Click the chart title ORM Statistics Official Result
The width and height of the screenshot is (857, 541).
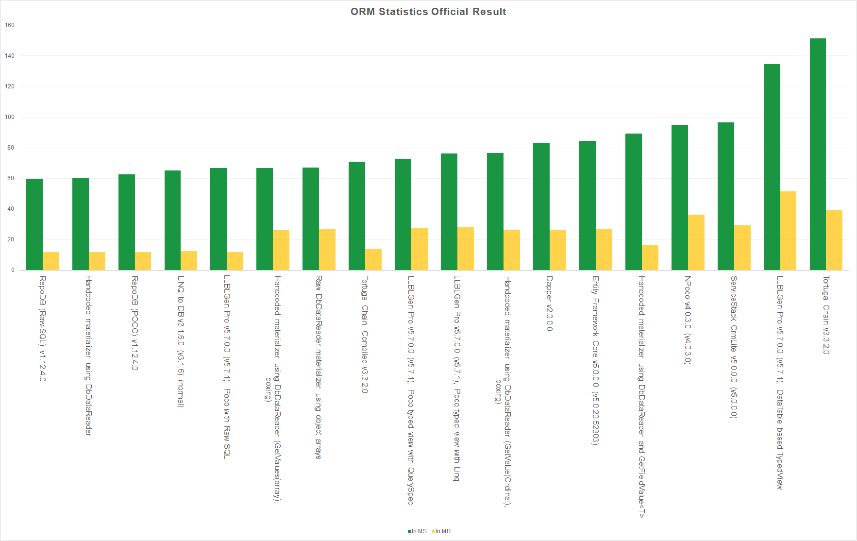(x=428, y=12)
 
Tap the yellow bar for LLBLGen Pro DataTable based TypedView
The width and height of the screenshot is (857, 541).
(x=788, y=231)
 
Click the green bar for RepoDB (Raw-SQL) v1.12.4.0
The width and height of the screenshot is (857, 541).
(x=34, y=224)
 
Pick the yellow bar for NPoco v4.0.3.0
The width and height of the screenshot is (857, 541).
(x=696, y=242)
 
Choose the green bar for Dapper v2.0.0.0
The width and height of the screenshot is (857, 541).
(x=541, y=206)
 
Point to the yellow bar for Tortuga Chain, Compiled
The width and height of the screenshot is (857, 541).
(x=373, y=259)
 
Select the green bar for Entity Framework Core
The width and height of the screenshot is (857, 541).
(x=588, y=205)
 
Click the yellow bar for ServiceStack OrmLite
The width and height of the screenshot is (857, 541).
(x=742, y=248)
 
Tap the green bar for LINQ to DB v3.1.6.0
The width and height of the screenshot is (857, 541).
(x=172, y=220)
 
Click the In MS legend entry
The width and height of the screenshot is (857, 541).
(x=417, y=531)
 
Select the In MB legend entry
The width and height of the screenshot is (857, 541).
(x=441, y=531)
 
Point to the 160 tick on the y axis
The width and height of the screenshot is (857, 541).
(x=10, y=25)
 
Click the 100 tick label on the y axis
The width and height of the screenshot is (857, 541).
(x=10, y=117)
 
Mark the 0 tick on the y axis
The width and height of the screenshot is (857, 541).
(x=13, y=270)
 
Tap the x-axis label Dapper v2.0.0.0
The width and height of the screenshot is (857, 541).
(x=549, y=304)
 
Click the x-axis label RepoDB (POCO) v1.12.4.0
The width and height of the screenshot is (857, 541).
(x=134, y=323)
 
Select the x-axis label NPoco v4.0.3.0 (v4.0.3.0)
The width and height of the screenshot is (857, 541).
(x=688, y=320)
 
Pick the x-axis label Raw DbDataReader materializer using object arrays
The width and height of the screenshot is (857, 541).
(x=319, y=367)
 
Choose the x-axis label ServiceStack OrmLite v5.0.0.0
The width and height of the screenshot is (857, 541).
(x=734, y=347)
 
